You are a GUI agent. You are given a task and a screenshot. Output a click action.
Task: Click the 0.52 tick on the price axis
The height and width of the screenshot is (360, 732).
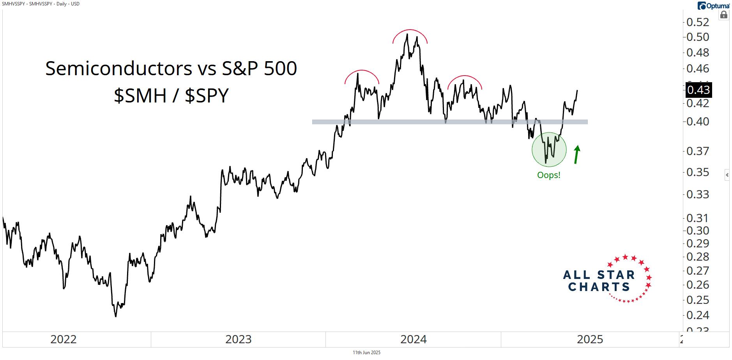click(697, 22)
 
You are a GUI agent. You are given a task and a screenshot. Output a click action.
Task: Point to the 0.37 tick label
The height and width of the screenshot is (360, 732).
click(697, 151)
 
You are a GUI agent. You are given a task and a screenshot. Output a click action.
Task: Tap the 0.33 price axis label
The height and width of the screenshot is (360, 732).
click(697, 194)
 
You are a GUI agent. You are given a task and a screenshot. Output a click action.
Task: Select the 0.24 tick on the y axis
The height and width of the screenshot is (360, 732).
click(697, 315)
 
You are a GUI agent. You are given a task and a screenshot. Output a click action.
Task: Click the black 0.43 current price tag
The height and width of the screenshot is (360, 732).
click(698, 90)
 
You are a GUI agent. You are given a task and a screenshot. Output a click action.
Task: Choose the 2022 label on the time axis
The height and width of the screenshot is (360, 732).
click(64, 339)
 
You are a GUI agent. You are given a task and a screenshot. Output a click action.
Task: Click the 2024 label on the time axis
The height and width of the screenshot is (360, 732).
click(414, 339)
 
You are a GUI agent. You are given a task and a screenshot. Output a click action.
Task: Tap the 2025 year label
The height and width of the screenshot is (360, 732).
click(590, 339)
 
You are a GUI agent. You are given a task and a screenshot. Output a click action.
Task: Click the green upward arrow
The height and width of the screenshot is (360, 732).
click(577, 154)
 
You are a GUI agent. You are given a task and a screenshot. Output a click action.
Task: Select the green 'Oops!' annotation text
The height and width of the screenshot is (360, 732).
click(548, 175)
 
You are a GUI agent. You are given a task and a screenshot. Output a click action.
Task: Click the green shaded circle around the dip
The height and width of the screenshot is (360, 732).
click(549, 150)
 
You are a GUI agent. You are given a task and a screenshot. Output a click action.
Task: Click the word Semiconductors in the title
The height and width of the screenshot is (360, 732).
click(118, 69)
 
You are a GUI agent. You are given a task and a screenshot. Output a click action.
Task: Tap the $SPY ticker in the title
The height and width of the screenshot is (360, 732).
click(207, 96)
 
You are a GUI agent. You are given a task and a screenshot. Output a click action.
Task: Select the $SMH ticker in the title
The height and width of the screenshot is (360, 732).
click(140, 96)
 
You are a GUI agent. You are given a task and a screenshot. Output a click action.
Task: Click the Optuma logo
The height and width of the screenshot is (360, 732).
click(713, 6)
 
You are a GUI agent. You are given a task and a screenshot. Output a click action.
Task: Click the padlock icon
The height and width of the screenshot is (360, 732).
click(724, 15)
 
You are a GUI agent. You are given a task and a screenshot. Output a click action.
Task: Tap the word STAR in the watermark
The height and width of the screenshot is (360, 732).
click(616, 275)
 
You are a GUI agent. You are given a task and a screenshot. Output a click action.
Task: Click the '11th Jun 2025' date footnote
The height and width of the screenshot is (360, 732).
click(366, 353)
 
